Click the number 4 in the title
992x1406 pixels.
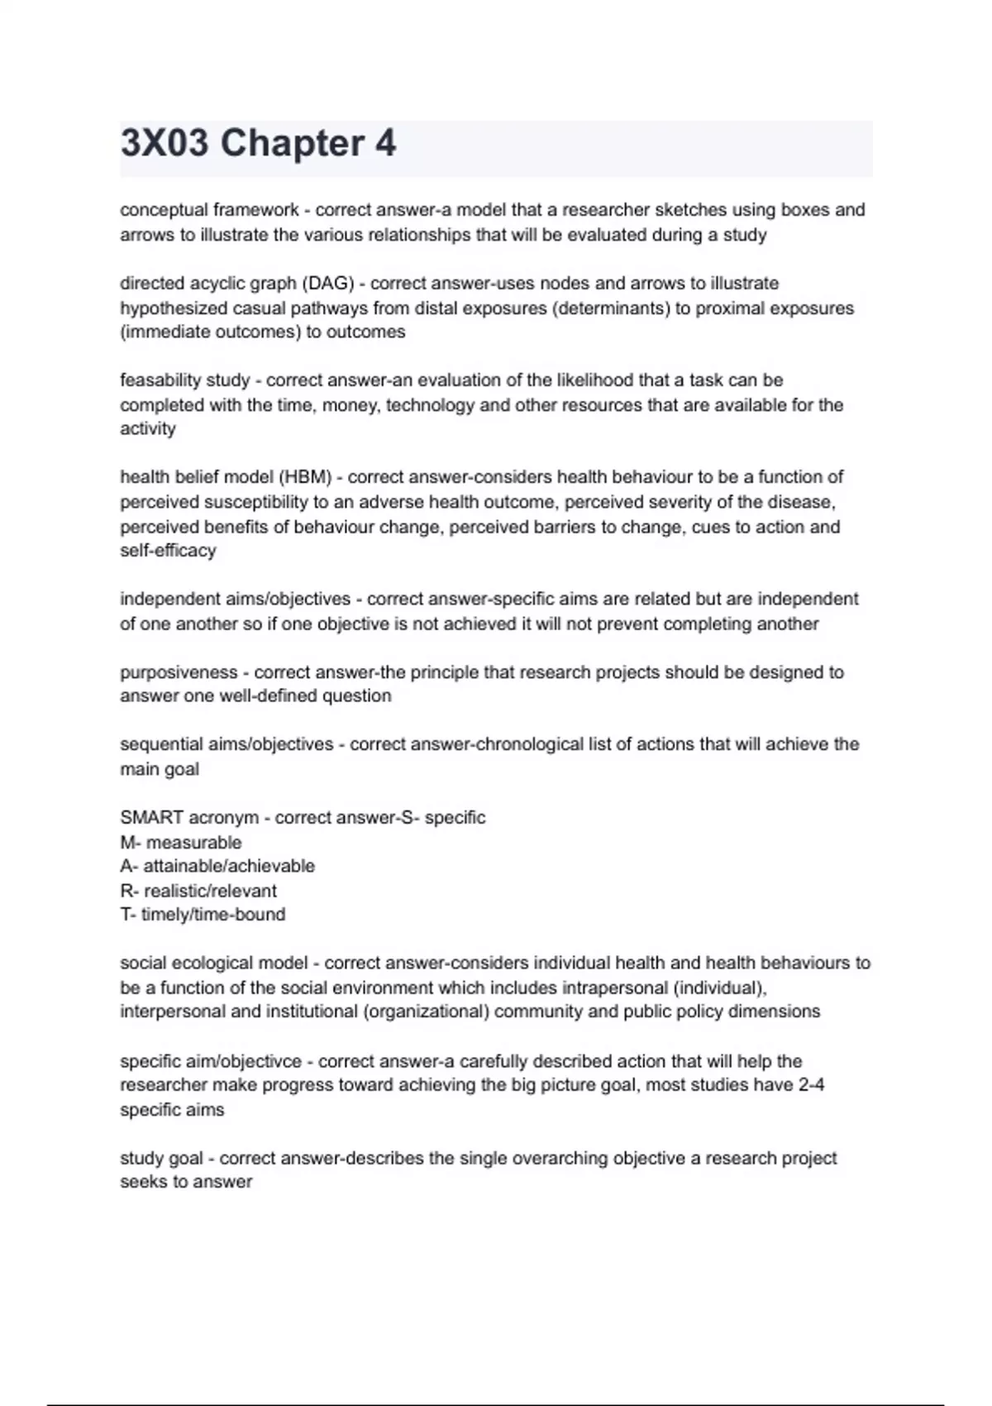pyautogui.click(x=385, y=143)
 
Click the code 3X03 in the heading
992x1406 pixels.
pyautogui.click(x=165, y=143)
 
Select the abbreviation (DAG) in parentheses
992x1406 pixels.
pyautogui.click(x=328, y=284)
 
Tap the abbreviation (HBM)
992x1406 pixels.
pyautogui.click(x=305, y=477)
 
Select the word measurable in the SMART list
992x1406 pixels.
pyautogui.click(x=193, y=843)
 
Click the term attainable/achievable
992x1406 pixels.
pyautogui.click(x=229, y=866)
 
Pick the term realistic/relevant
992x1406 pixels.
pyautogui.click(x=210, y=891)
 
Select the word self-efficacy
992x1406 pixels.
pyautogui.click(x=168, y=551)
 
